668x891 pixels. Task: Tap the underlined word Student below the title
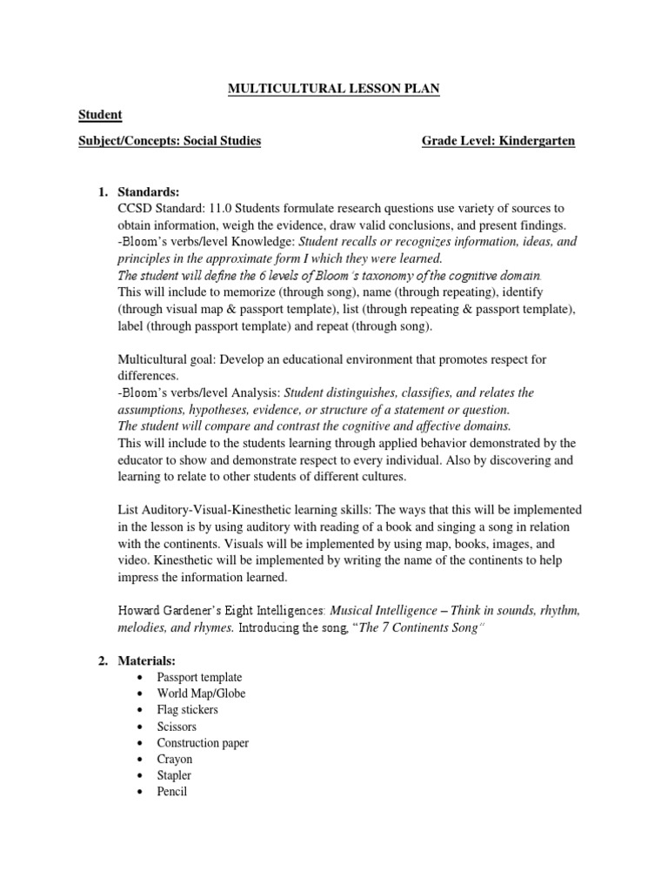(100, 115)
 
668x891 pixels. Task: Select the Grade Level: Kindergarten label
(498, 140)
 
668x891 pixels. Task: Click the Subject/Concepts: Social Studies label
(170, 140)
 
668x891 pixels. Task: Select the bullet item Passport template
(199, 677)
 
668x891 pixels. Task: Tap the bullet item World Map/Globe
(201, 693)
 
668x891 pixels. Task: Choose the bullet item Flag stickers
(187, 710)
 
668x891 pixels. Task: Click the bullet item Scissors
(177, 727)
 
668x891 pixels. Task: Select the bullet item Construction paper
(203, 743)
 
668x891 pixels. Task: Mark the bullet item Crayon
(175, 760)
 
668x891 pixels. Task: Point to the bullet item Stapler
(174, 775)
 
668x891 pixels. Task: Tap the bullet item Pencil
(172, 792)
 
